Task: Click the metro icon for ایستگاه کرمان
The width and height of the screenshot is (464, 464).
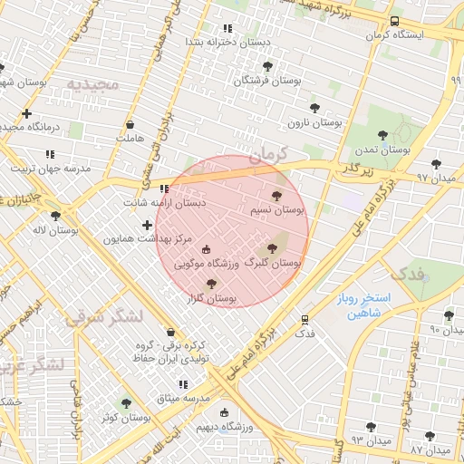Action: (x=394, y=21)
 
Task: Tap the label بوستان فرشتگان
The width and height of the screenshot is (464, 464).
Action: (x=267, y=81)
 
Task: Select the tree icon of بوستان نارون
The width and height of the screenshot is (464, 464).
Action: (x=314, y=109)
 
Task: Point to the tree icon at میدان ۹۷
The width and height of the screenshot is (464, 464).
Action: (x=436, y=164)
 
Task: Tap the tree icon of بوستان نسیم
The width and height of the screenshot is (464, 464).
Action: (x=276, y=195)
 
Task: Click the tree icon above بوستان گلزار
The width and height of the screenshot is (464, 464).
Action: (x=211, y=284)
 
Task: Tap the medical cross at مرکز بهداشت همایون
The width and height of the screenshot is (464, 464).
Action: (x=147, y=224)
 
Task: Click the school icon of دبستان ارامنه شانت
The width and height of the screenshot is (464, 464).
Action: (x=164, y=189)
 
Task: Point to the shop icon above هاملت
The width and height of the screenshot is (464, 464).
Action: (x=130, y=124)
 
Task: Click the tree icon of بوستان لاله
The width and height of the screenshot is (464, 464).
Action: (x=56, y=216)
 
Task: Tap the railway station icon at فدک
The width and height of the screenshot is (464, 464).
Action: (x=304, y=319)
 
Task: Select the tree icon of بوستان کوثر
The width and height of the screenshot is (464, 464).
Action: (x=126, y=403)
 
